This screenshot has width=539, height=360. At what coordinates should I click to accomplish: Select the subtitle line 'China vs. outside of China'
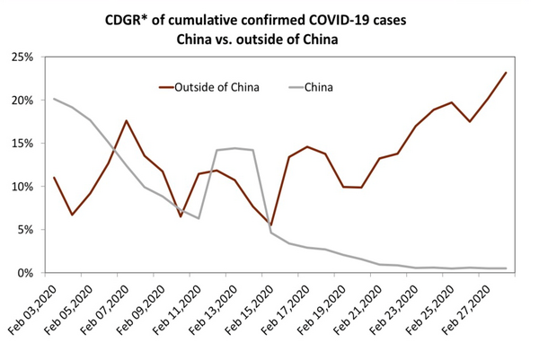pyautogui.click(x=269, y=39)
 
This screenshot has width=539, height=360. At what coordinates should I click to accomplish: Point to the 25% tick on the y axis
pyautogui.click(x=21, y=57)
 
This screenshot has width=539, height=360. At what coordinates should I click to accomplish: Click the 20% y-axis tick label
pyautogui.click(x=21, y=101)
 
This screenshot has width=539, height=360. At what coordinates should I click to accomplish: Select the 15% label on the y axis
pyautogui.click(x=21, y=144)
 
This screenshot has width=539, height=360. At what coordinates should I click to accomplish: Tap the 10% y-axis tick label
pyautogui.click(x=21, y=187)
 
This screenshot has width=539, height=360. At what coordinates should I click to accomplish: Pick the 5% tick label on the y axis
pyautogui.click(x=23, y=230)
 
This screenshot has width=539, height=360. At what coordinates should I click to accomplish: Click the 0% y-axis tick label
pyautogui.click(x=23, y=273)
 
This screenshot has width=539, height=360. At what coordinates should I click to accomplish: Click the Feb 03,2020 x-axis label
pyautogui.click(x=34, y=310)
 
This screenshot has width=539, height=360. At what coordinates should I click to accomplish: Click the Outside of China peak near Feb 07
pyautogui.click(x=127, y=121)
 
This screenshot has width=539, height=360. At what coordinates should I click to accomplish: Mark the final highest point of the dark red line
pyautogui.click(x=506, y=73)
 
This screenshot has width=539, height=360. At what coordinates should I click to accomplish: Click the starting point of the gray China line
pyautogui.click(x=55, y=99)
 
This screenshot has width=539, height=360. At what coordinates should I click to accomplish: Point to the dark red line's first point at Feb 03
pyautogui.click(x=55, y=178)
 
